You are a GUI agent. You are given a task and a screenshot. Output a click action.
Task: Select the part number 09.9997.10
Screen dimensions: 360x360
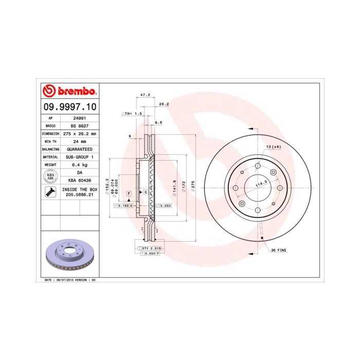coord(68,107)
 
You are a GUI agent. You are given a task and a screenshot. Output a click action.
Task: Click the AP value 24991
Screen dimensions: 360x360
coord(79,118)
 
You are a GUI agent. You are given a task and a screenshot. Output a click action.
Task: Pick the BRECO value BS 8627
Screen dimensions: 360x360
coord(79,125)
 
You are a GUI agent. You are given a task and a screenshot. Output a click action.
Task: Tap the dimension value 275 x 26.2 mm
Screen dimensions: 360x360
coord(79,133)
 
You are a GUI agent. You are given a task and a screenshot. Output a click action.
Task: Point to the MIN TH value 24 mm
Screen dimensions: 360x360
coord(79,141)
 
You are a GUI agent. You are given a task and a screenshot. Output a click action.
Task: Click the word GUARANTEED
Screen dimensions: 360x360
coord(79,149)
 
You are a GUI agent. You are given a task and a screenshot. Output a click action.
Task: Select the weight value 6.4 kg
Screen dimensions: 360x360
coord(79,165)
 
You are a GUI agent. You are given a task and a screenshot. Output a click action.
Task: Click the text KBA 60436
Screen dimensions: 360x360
coord(79,181)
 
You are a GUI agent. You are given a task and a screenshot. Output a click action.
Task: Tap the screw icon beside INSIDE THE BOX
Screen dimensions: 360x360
coord(50,192)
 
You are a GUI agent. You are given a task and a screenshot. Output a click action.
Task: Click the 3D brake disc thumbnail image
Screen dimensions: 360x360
coord(68,255)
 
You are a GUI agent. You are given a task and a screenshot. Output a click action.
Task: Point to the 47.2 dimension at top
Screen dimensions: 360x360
coord(146,95)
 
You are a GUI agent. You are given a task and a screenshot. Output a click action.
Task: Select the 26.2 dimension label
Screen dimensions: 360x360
coord(164,104)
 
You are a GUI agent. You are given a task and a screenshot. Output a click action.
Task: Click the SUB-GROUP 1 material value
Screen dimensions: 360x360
coord(79,157)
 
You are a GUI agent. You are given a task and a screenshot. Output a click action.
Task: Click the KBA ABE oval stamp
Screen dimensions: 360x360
coord(50,176)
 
